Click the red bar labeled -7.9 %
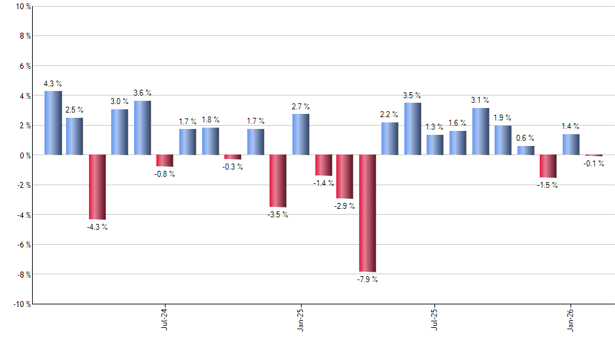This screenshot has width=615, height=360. pos(367,213)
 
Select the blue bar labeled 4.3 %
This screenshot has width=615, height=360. pos(53,123)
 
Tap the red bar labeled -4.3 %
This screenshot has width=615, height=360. pos(97,187)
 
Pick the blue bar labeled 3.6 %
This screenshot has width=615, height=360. pos(143,128)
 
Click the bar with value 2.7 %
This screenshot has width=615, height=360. pos(300,135)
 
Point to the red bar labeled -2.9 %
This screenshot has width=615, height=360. pos(345,177)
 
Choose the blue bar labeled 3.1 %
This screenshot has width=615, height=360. pos(480,132)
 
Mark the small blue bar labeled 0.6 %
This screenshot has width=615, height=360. pos(525,151)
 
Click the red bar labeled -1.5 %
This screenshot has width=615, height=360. pos(548,166)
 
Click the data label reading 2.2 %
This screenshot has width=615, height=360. pos(389,115)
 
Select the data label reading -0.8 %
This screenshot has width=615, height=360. pos(165,174)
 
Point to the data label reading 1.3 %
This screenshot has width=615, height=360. pos(434,127)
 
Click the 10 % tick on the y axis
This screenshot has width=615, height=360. pos(22,7)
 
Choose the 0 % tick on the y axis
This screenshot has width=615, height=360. pos(24,155)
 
